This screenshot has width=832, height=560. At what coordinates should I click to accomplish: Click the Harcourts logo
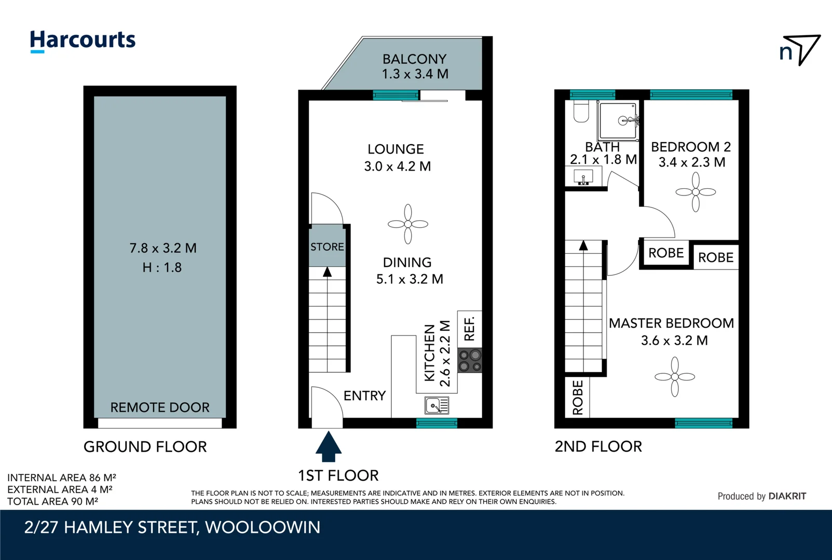click(83, 40)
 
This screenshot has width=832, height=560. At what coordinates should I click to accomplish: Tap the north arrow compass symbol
click(800, 50)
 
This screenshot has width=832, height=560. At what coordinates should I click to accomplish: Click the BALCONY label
click(414, 59)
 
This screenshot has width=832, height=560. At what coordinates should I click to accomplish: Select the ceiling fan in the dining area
click(408, 224)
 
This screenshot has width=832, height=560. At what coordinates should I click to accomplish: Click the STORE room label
click(327, 247)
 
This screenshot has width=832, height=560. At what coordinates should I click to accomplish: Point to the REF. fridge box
click(469, 329)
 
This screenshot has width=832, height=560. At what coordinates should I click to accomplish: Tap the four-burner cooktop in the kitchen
click(470, 360)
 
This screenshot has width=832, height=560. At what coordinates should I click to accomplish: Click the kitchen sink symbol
click(437, 405)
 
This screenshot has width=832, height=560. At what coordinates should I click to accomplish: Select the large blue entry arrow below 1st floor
click(328, 446)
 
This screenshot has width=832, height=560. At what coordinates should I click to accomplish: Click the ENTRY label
click(364, 396)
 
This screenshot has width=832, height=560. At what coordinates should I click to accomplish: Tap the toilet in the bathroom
click(581, 111)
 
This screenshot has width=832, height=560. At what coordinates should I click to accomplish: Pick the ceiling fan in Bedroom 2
click(695, 192)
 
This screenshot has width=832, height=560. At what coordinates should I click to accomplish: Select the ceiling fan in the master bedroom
click(674, 377)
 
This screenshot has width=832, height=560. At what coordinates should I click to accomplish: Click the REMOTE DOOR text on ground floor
click(160, 408)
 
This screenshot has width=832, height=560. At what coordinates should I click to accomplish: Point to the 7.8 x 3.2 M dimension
click(163, 248)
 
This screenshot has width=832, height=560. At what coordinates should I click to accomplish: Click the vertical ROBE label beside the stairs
click(578, 398)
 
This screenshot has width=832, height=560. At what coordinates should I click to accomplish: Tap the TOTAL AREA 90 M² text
click(53, 501)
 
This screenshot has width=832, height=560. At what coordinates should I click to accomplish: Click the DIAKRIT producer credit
click(761, 496)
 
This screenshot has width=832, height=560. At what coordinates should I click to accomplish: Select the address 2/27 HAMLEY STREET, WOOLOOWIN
click(172, 527)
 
